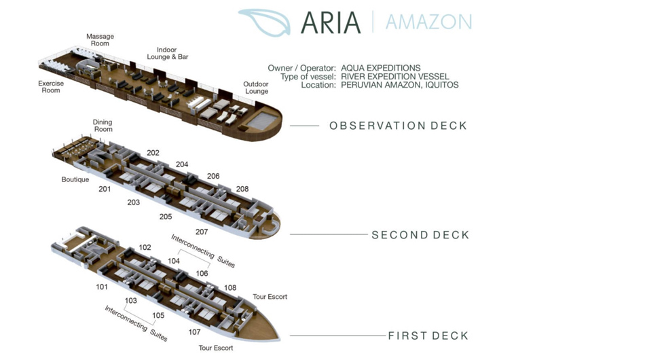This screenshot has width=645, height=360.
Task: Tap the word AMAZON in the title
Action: tap(428, 22)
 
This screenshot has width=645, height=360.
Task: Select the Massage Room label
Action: tap(100, 40)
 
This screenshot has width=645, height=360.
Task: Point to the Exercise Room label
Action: tap(51, 87)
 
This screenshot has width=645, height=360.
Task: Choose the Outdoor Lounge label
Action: tap(257, 88)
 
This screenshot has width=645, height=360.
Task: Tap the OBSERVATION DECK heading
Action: tap(398, 126)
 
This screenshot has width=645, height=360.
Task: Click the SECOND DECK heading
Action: tap(420, 235)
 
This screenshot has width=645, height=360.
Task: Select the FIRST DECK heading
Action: tap(428, 336)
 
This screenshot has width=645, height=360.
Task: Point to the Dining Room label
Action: tap(103, 126)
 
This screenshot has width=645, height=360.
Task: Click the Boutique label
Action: tap(75, 180)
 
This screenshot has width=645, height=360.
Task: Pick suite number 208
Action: tap(242, 189)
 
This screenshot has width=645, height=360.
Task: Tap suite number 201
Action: tap(105, 189)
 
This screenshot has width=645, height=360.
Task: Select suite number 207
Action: tap(202, 232)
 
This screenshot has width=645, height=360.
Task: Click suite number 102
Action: tap(145, 248)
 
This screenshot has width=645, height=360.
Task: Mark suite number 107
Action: tap(195, 332)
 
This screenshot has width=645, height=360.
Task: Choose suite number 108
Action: tap(230, 288)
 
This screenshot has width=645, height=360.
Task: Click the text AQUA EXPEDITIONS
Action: tap(380, 68)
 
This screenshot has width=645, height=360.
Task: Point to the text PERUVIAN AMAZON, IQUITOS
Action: tap(399, 85)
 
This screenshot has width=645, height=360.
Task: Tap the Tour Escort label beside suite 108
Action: tap(270, 297)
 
